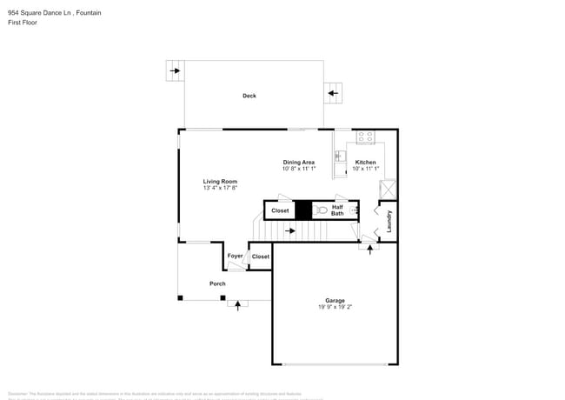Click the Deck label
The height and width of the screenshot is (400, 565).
pos(249,96)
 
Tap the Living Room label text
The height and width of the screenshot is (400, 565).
pos(220,181)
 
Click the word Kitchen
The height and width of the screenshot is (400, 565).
pos(365,163)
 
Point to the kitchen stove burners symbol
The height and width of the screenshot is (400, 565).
pos(365,137)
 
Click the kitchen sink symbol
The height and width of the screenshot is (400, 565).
pos(341,157)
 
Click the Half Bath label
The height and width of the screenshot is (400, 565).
pos(337,210)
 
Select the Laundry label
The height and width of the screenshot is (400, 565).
pos(389,221)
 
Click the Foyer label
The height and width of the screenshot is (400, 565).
pos(235,256)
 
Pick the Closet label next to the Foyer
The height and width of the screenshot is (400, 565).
pos(260,257)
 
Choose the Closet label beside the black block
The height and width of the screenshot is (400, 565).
pos(280,210)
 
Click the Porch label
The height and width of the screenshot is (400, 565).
pos(217,283)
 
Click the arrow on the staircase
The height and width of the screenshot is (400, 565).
pos(290,230)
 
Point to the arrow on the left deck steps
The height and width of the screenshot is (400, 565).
pos(175,70)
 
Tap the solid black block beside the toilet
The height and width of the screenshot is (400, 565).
pos(302,210)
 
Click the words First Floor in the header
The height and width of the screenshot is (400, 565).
pos(23,23)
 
